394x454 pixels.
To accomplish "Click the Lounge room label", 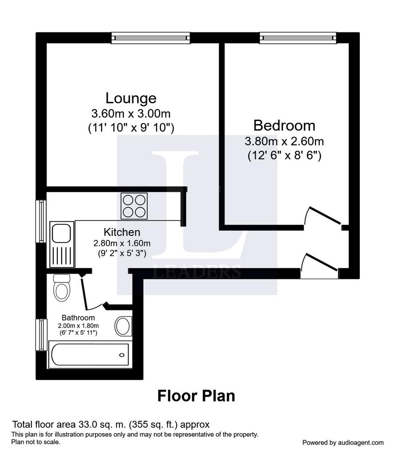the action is [131, 98].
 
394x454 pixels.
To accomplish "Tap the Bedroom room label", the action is [284, 125].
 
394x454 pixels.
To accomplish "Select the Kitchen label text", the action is [122, 232].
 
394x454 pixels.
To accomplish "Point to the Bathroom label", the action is [78, 317].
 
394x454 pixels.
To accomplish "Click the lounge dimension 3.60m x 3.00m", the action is [131, 113].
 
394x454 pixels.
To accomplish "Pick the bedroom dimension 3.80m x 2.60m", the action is [284, 141].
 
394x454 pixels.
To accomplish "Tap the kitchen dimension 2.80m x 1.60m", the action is [122, 243].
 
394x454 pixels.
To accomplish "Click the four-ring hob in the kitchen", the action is [134, 206].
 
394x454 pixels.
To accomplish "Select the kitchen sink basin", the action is [61, 233].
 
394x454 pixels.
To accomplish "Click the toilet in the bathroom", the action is [62, 287].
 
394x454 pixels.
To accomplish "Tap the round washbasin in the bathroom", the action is [123, 326].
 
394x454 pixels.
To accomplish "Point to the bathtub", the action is [90, 355].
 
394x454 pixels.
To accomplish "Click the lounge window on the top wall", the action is [151, 38].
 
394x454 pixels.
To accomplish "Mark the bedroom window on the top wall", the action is [298, 38].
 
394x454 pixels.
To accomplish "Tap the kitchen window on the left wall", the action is [41, 221].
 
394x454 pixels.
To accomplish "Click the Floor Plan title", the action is [196, 396].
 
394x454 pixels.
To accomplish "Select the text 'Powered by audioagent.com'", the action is [343, 442].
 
